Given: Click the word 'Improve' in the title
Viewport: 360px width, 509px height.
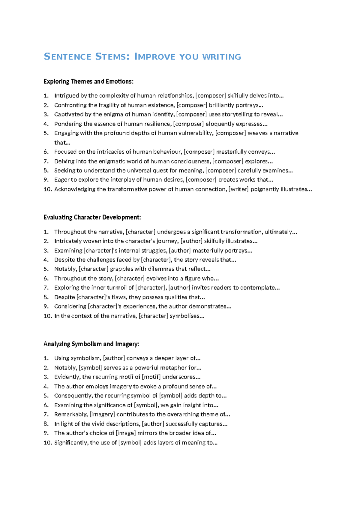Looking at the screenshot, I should [x=154, y=57].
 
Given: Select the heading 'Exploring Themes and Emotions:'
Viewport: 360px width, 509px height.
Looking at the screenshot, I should [x=88, y=81].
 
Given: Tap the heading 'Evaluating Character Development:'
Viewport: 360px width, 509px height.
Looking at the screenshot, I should [x=92, y=217].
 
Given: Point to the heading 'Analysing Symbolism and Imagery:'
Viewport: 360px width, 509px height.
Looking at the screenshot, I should [x=91, y=344].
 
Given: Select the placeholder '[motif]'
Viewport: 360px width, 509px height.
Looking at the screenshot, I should [x=151, y=377].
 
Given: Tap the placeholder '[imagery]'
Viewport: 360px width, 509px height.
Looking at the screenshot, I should [x=102, y=414].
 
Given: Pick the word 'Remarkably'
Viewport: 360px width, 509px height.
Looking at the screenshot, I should [x=70, y=414].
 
